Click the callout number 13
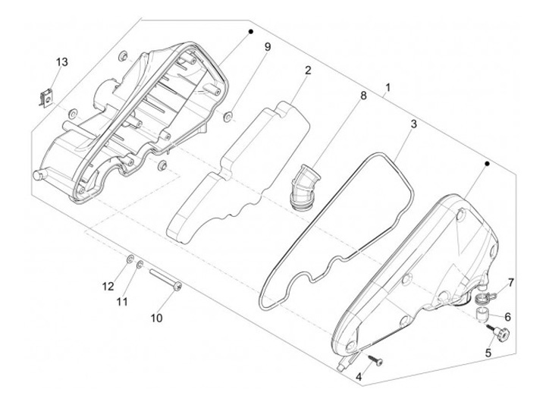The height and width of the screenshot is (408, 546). point(61,61)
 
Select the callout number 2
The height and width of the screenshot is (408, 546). point(309,71)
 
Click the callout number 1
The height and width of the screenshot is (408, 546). point(388,89)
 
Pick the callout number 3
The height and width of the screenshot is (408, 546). point(413,124)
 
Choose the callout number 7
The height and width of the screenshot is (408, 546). point(510,283)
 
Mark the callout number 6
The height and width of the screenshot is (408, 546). point(508,317)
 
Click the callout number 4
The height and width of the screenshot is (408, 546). point(359,376)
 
